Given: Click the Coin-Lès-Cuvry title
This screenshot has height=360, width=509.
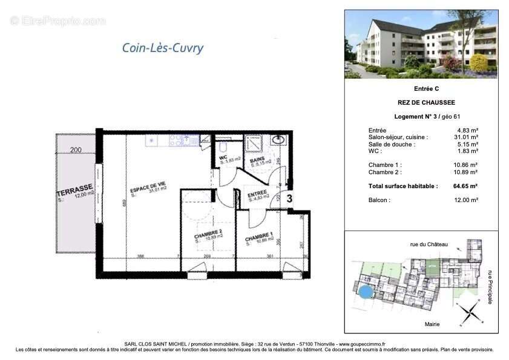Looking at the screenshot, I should (163, 48).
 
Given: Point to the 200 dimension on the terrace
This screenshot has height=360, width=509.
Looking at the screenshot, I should (75, 150).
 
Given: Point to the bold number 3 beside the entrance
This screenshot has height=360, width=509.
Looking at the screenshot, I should (289, 198).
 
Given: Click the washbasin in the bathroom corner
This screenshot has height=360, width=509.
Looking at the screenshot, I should (280, 140).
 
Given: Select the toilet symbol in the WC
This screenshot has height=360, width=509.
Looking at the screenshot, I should (223, 146).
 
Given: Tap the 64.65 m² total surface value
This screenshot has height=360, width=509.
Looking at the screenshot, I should (465, 186).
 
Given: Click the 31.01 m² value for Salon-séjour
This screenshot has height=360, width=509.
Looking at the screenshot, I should (467, 137).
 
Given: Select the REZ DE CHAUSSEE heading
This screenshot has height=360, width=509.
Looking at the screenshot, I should (422, 102).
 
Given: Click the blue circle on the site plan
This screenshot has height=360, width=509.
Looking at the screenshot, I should (365, 294).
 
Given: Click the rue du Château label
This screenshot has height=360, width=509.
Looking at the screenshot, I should (429, 244).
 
